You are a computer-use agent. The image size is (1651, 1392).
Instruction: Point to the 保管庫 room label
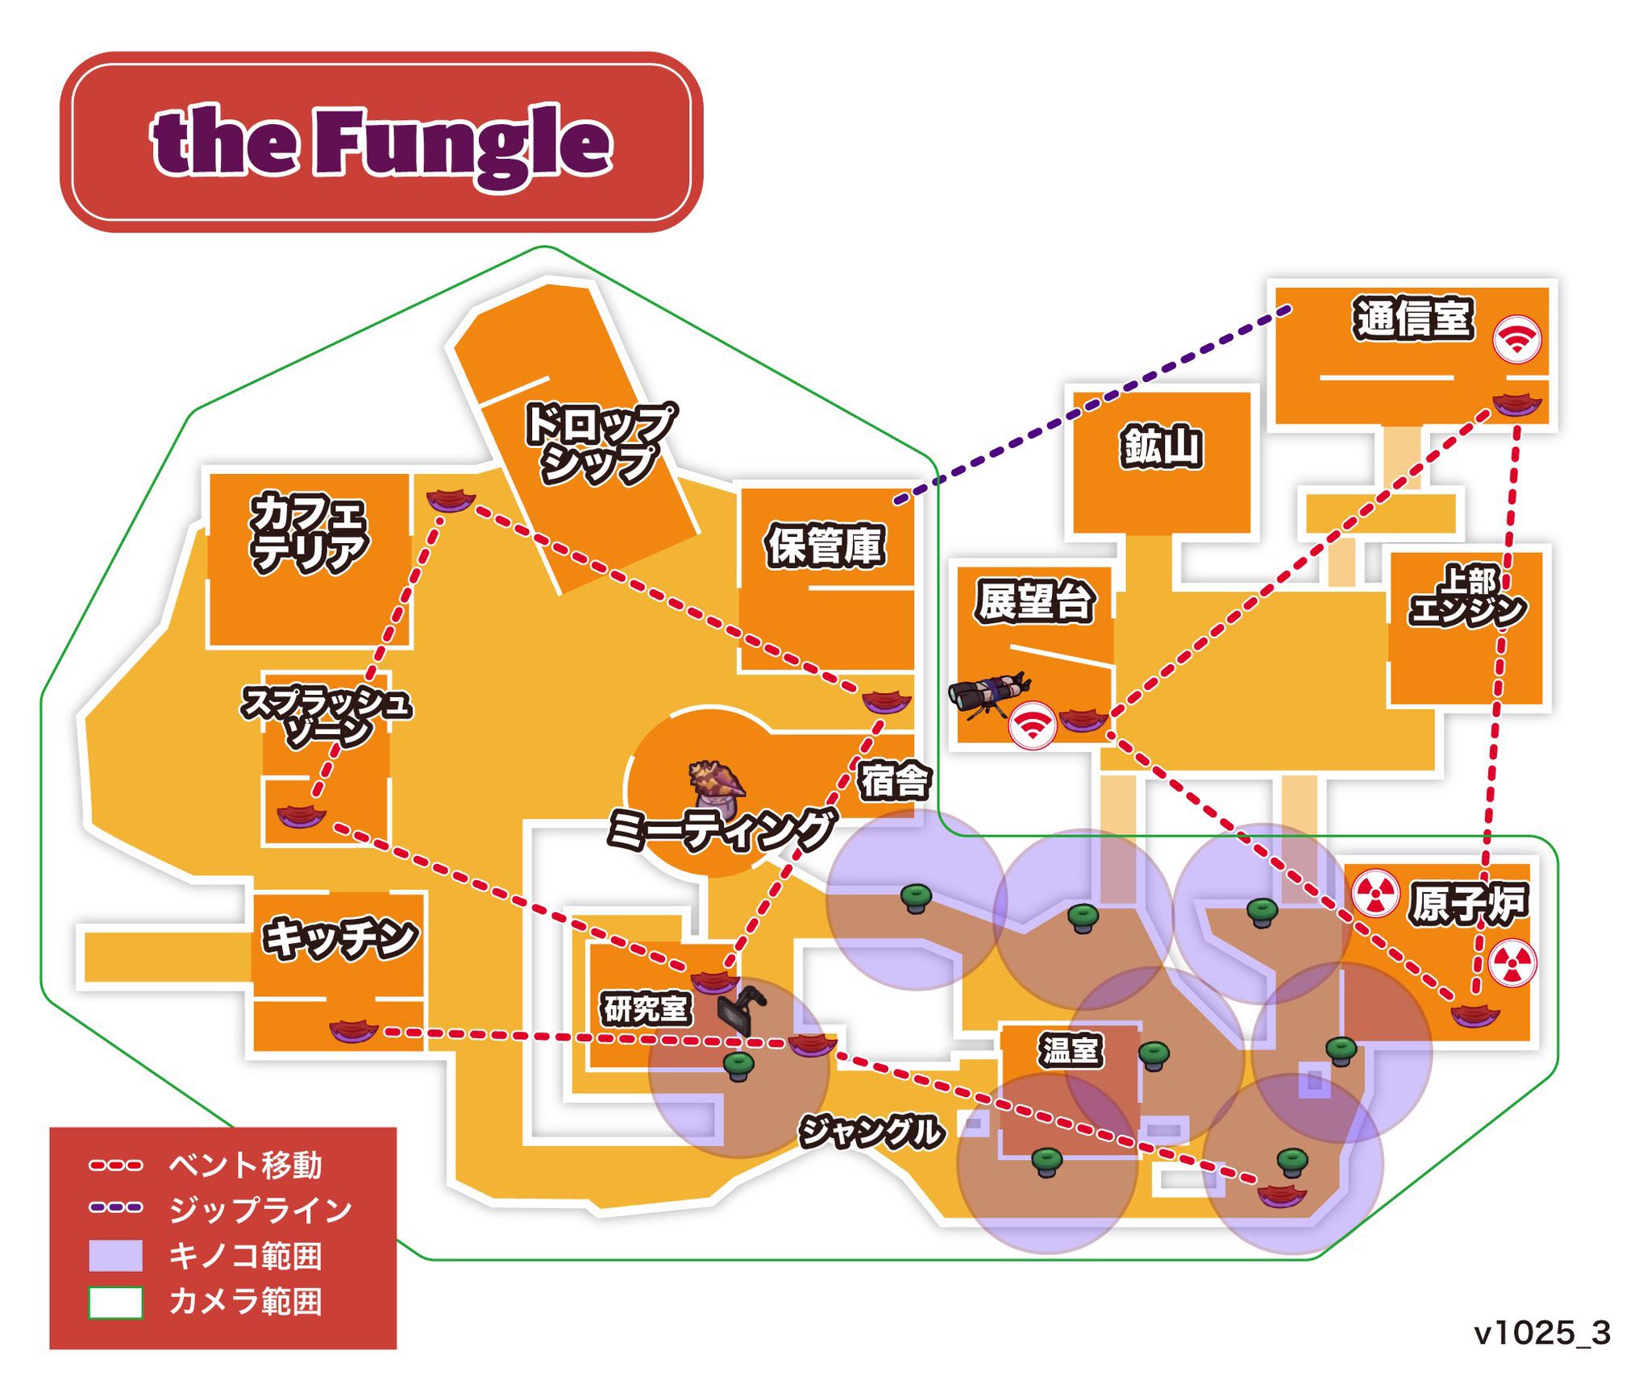pos(825,546)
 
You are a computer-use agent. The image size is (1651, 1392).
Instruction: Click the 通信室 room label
pos(1413,318)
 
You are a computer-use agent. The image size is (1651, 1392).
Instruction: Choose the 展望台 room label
pos(1034,600)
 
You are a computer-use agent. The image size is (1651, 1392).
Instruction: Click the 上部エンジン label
pos(1467,597)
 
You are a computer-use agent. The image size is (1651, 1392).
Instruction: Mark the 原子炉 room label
pos(1468,904)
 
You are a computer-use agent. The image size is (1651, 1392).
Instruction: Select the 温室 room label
pos(1070,1050)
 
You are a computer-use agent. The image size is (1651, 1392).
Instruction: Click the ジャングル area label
pos(871,1131)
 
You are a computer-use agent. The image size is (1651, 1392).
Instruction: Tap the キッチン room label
pos(339,938)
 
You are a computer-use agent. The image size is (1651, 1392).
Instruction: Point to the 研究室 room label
pos(646,1008)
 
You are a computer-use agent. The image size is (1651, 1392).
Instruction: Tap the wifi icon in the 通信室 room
pos(1516,339)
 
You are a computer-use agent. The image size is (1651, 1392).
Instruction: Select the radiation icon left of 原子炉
pos(1374,892)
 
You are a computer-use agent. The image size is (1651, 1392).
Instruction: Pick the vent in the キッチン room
pos(353,1030)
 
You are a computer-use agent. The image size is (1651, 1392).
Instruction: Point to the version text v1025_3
pos(1541,1333)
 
